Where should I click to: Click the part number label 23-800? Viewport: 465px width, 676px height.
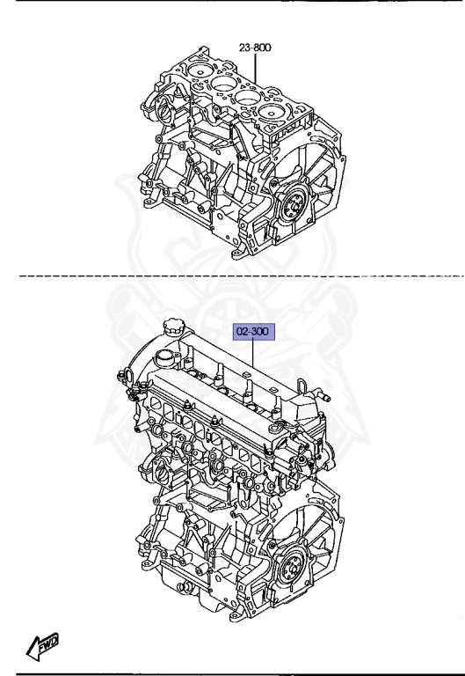click(x=255, y=47)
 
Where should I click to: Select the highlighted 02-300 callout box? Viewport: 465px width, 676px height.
click(x=254, y=332)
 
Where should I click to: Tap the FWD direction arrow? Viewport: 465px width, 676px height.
click(x=42, y=646)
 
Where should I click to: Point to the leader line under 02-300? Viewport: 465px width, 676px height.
click(x=253, y=354)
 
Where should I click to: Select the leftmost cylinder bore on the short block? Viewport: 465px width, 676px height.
click(x=200, y=70)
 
